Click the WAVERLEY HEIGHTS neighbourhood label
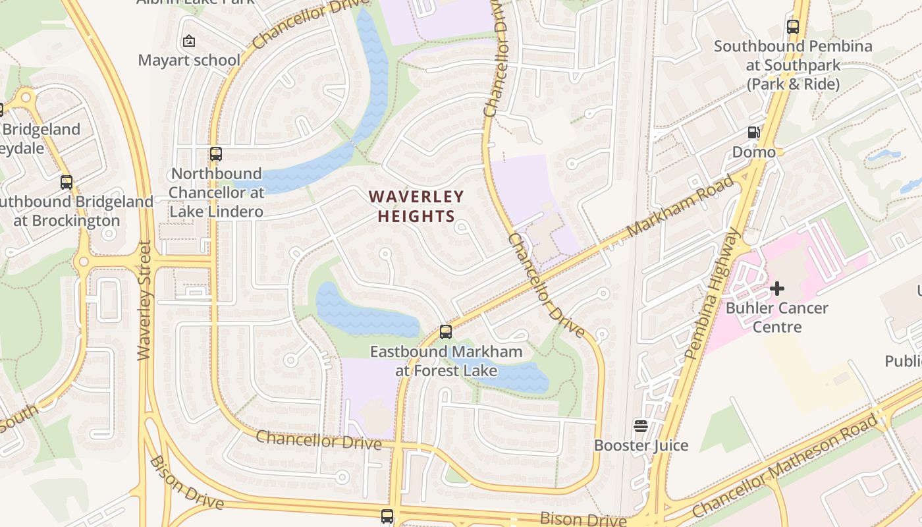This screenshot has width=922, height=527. point(416,206)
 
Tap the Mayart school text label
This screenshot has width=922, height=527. point(189,60)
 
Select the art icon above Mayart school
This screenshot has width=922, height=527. point(189,42)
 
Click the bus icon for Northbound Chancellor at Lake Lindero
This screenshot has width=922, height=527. point(216,154)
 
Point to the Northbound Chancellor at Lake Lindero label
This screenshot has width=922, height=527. point(216,192)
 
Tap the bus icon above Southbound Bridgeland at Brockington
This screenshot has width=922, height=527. point(67,182)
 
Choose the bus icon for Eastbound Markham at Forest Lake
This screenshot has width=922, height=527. point(446,332)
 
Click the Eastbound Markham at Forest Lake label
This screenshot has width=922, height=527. point(446,361)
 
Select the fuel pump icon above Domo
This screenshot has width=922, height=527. point(753,133)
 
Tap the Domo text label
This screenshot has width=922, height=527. point(754,152)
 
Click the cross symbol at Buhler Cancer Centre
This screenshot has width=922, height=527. point(777,289)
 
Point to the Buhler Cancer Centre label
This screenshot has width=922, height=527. point(777,317)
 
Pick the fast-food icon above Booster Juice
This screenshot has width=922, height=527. point(641,426)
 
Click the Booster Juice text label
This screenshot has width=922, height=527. point(641,445)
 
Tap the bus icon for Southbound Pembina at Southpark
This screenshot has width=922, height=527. point(793,27)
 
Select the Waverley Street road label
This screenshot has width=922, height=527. point(145,300)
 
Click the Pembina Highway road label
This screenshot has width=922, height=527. point(713,293)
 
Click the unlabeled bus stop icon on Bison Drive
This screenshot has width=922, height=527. point(387,516)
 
